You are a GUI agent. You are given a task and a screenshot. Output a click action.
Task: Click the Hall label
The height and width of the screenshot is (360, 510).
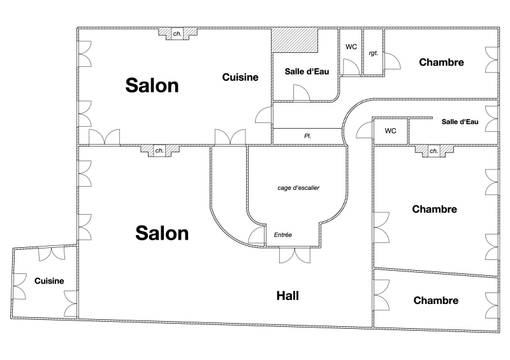point(288,296)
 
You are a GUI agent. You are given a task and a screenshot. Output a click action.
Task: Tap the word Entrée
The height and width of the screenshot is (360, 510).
point(282,235)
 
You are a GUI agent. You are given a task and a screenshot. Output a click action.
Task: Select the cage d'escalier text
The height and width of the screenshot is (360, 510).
point(298,188)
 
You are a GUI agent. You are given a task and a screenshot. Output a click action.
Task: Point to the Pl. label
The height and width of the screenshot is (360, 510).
point(307,136)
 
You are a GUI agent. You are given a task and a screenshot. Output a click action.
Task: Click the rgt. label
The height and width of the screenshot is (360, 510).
point(373,53)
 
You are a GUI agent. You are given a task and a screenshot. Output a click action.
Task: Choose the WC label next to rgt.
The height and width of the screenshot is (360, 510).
point(351,47)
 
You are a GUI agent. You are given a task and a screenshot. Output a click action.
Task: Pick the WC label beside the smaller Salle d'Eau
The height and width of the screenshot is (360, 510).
point(390,131)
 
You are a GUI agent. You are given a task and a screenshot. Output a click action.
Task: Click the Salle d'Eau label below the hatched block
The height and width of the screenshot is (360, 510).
point(307,72)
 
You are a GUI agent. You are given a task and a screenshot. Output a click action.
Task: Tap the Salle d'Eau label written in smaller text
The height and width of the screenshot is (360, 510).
point(460,122)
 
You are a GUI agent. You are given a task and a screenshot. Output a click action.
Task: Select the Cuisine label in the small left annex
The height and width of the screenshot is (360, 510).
point(49,280)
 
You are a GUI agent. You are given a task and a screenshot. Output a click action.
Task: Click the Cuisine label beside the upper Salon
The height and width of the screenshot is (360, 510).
point(240,77)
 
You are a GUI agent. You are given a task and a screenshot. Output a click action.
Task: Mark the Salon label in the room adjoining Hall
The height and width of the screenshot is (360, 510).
point(162,233)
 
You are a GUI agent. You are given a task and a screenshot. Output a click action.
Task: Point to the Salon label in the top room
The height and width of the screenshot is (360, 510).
point(152,85)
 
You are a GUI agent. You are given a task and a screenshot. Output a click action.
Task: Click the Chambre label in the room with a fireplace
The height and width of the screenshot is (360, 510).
point(435,209)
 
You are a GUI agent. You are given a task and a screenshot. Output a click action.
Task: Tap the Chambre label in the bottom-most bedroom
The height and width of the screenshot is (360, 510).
point(435,301)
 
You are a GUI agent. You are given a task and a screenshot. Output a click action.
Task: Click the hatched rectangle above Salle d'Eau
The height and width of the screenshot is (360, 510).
point(295,41)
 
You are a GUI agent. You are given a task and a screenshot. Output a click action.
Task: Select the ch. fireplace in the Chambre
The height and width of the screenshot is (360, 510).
point(433,151)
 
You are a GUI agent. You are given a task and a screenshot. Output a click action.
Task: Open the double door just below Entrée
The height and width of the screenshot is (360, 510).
point(295,255)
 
